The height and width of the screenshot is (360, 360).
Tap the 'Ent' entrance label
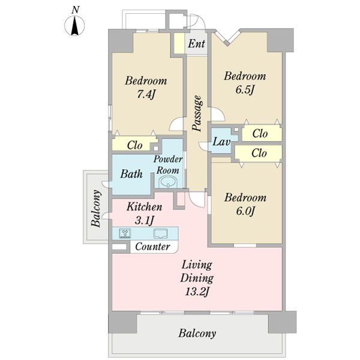click(197, 43)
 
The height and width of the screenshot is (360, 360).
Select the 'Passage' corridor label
click(197, 113)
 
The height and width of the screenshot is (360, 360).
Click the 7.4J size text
click(146, 94)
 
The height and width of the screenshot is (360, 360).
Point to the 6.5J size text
click(245, 89)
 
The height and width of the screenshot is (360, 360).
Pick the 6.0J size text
click(245, 211)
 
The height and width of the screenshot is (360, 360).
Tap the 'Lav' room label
click(221, 142)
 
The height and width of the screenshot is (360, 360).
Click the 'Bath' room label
click(131, 174)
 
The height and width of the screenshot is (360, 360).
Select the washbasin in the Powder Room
click(168, 182)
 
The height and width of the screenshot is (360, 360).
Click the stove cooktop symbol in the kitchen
click(125, 234)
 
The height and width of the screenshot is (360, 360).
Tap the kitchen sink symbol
click(160, 233)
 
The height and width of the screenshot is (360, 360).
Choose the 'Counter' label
click(152, 247)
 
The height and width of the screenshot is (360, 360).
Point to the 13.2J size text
click(197, 292)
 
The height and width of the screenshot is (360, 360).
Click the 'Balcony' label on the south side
click(197, 334)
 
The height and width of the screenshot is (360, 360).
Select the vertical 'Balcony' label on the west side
click(96, 208)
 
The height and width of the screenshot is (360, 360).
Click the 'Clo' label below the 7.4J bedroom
click(135, 145)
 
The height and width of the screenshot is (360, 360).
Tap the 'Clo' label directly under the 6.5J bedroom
click(260, 133)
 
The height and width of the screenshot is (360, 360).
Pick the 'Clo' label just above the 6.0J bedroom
click(259, 153)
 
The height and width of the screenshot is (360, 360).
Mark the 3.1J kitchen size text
click(145, 221)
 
